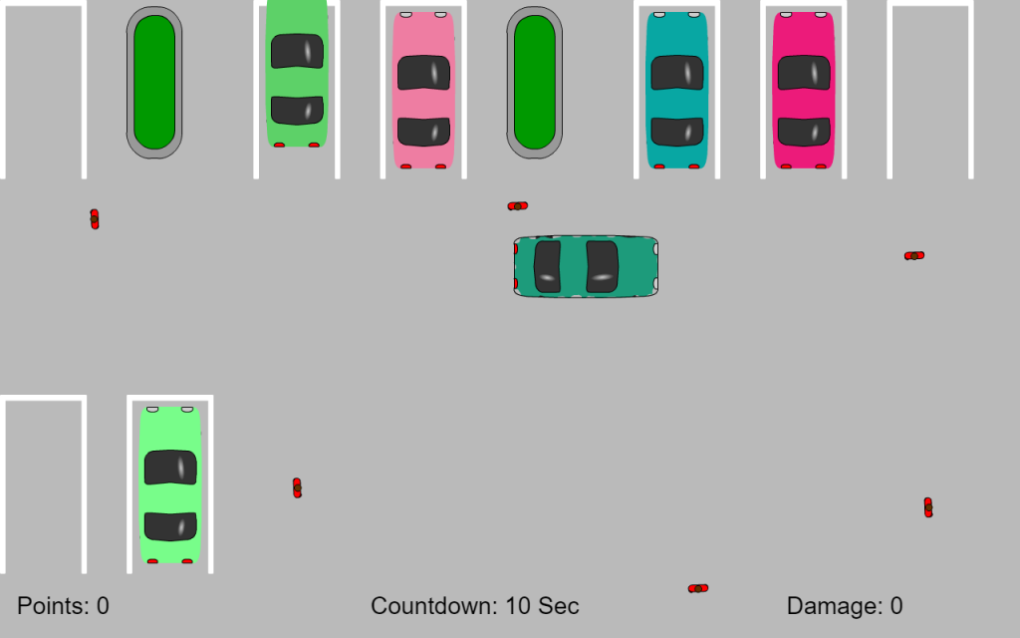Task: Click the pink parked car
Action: click(x=423, y=90)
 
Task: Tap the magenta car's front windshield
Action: click(x=804, y=72)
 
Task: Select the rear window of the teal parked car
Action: click(x=677, y=132)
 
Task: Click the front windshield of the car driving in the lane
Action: click(x=603, y=267)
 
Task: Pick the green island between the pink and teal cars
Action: click(x=534, y=83)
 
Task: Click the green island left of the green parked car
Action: click(x=154, y=83)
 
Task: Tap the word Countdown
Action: click(x=434, y=606)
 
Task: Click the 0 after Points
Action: click(x=103, y=606)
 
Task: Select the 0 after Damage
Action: click(x=896, y=606)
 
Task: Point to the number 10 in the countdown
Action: click(x=518, y=606)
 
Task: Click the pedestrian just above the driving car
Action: click(x=518, y=206)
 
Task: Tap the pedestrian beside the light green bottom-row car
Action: click(x=297, y=487)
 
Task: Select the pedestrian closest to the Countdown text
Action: click(x=698, y=588)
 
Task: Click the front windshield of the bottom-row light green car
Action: click(x=170, y=468)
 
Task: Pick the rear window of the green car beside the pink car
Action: click(x=297, y=110)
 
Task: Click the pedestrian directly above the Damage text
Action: click(x=928, y=507)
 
